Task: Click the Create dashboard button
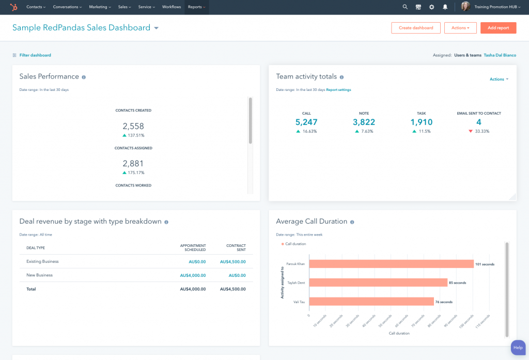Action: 416,28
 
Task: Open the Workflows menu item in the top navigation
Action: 172,7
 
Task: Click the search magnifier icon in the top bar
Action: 405,7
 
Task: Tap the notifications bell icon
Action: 445,7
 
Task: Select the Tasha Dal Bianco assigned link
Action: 500,55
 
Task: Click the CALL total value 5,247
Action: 306,122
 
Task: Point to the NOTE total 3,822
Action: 364,122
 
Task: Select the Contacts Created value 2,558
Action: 133,126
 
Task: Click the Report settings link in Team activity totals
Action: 338,90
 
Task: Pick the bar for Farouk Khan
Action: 391,264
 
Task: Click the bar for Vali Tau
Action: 371,302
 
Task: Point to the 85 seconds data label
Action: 457,283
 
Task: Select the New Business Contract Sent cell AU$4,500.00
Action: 232,275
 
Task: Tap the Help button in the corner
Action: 518,348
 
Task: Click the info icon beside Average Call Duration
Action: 352,222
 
